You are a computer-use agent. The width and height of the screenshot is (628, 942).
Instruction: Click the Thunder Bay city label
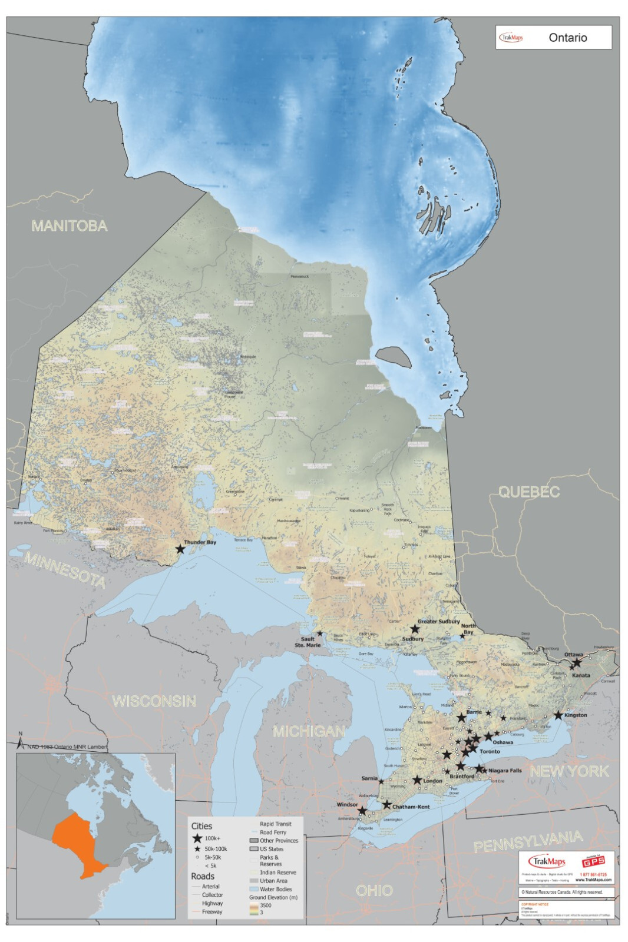click(200, 542)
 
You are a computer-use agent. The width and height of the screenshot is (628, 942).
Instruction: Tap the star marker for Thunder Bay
click(180, 549)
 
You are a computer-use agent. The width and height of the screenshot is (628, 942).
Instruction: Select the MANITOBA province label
click(70, 226)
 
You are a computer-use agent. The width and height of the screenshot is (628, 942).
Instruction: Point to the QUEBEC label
click(529, 492)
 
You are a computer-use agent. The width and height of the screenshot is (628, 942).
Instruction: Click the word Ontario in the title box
click(567, 38)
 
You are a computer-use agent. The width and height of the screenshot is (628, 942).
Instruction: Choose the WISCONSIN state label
click(154, 701)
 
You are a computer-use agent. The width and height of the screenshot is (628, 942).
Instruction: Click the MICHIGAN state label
click(309, 731)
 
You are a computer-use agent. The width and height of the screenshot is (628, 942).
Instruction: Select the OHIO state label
click(374, 890)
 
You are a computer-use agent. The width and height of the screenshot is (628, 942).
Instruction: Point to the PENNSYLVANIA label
click(528, 842)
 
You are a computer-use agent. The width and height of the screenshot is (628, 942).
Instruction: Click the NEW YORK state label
click(569, 771)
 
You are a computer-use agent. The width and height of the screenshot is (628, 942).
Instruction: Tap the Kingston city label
click(576, 715)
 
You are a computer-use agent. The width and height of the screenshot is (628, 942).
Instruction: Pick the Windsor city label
click(347, 804)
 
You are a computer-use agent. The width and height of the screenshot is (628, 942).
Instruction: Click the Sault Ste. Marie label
click(308, 642)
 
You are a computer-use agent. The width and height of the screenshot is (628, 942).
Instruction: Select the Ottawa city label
click(573, 654)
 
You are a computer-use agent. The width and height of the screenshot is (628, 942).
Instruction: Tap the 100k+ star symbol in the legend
click(197, 838)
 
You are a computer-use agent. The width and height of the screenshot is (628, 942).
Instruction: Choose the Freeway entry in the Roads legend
click(212, 911)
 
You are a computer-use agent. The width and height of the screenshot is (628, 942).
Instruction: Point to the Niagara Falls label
click(505, 770)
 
